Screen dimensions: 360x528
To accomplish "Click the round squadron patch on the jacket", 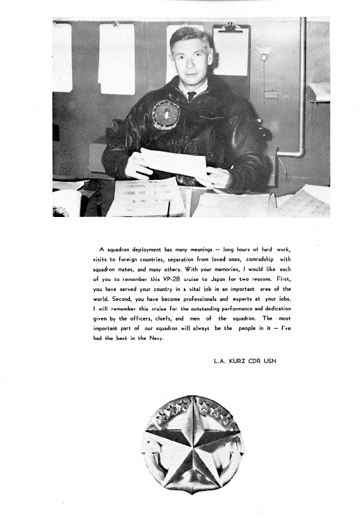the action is (x=166, y=114).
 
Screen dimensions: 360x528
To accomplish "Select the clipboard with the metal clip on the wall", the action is (x=231, y=50).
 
